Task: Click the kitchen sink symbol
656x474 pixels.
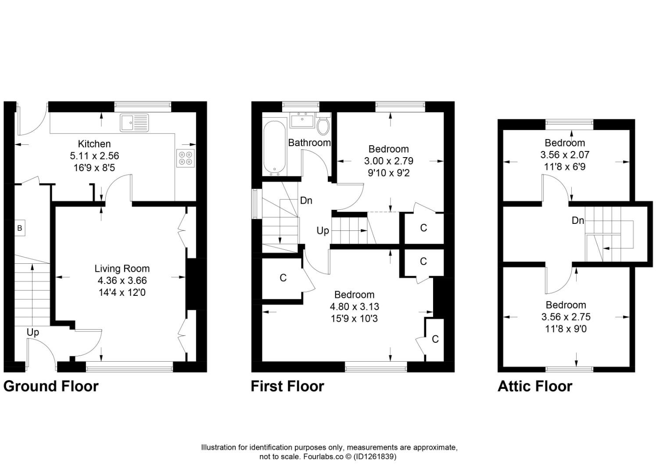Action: tap(134, 122)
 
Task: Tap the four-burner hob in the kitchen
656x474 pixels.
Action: tap(186, 158)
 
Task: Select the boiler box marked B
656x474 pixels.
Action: tap(19, 228)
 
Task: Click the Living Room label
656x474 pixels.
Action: tap(122, 269)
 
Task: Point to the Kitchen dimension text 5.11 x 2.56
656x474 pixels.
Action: tap(94, 156)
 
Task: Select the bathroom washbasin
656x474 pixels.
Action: tap(302, 119)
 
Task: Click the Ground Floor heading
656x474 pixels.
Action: tap(51, 386)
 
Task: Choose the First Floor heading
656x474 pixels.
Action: tap(287, 386)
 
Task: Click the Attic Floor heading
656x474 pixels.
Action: tap(535, 386)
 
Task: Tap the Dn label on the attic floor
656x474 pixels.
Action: tap(577, 220)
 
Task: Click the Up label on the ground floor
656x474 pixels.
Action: tap(33, 332)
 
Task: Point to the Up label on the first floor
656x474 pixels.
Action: tap(323, 231)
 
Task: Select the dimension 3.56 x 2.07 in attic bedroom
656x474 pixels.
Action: tap(565, 155)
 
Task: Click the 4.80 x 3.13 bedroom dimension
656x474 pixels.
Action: tap(355, 307)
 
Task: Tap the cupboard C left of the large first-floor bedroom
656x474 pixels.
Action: tap(283, 278)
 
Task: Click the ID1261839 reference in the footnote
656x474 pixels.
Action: tap(375, 456)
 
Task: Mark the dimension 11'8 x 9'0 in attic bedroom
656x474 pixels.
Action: tap(565, 329)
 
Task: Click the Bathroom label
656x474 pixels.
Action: tap(309, 143)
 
